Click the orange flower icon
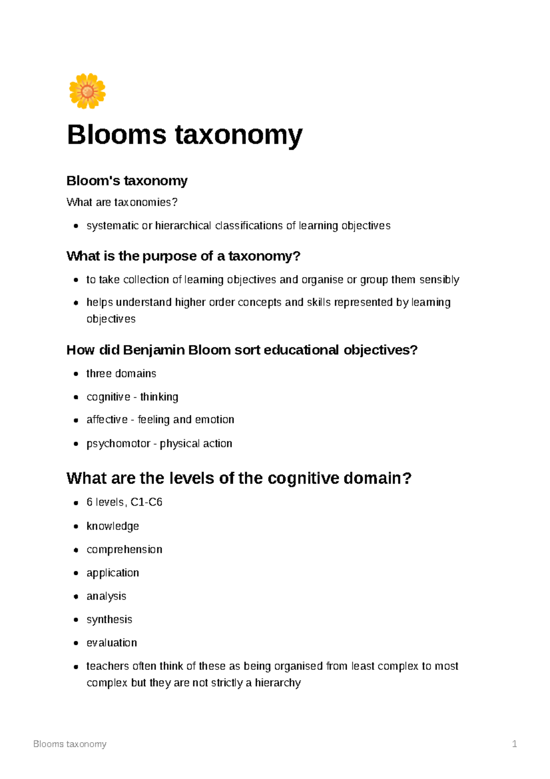coord(87,91)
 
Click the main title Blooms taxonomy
coord(185,135)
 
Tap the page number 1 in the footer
coord(514,744)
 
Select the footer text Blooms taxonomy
coord(70,744)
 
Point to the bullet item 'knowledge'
coord(113,526)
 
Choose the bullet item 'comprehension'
coord(124,549)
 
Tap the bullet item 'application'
coord(113,573)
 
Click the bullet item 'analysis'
coord(106,596)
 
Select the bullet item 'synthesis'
coord(109,619)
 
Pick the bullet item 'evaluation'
coord(112,643)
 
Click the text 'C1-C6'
coord(146,502)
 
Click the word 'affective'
coord(107,419)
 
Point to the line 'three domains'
coord(121,373)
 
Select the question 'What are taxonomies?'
coord(121,202)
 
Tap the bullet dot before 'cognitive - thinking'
coord(76,397)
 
